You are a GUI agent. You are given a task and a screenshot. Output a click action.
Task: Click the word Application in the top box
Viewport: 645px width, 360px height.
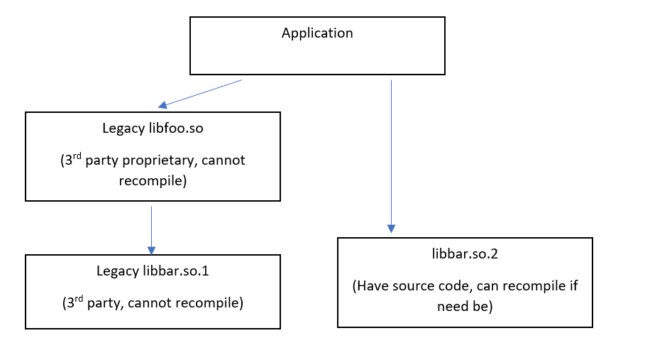coord(317,33)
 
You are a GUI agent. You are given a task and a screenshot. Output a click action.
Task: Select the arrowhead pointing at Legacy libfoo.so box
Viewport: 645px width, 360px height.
coord(162,105)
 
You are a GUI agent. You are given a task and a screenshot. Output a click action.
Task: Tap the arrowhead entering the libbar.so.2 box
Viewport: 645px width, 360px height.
coord(391,229)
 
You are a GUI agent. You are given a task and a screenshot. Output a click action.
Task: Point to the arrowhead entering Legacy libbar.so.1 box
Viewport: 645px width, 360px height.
coord(151,250)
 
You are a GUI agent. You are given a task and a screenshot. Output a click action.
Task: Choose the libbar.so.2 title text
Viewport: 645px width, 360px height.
coord(465,253)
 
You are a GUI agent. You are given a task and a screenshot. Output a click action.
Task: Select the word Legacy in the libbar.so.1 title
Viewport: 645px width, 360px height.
coord(116,271)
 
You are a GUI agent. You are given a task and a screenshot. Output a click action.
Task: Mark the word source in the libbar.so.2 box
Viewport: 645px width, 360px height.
coord(412,286)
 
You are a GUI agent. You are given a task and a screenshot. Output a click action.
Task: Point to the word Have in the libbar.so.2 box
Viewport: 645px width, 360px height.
coord(374,286)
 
